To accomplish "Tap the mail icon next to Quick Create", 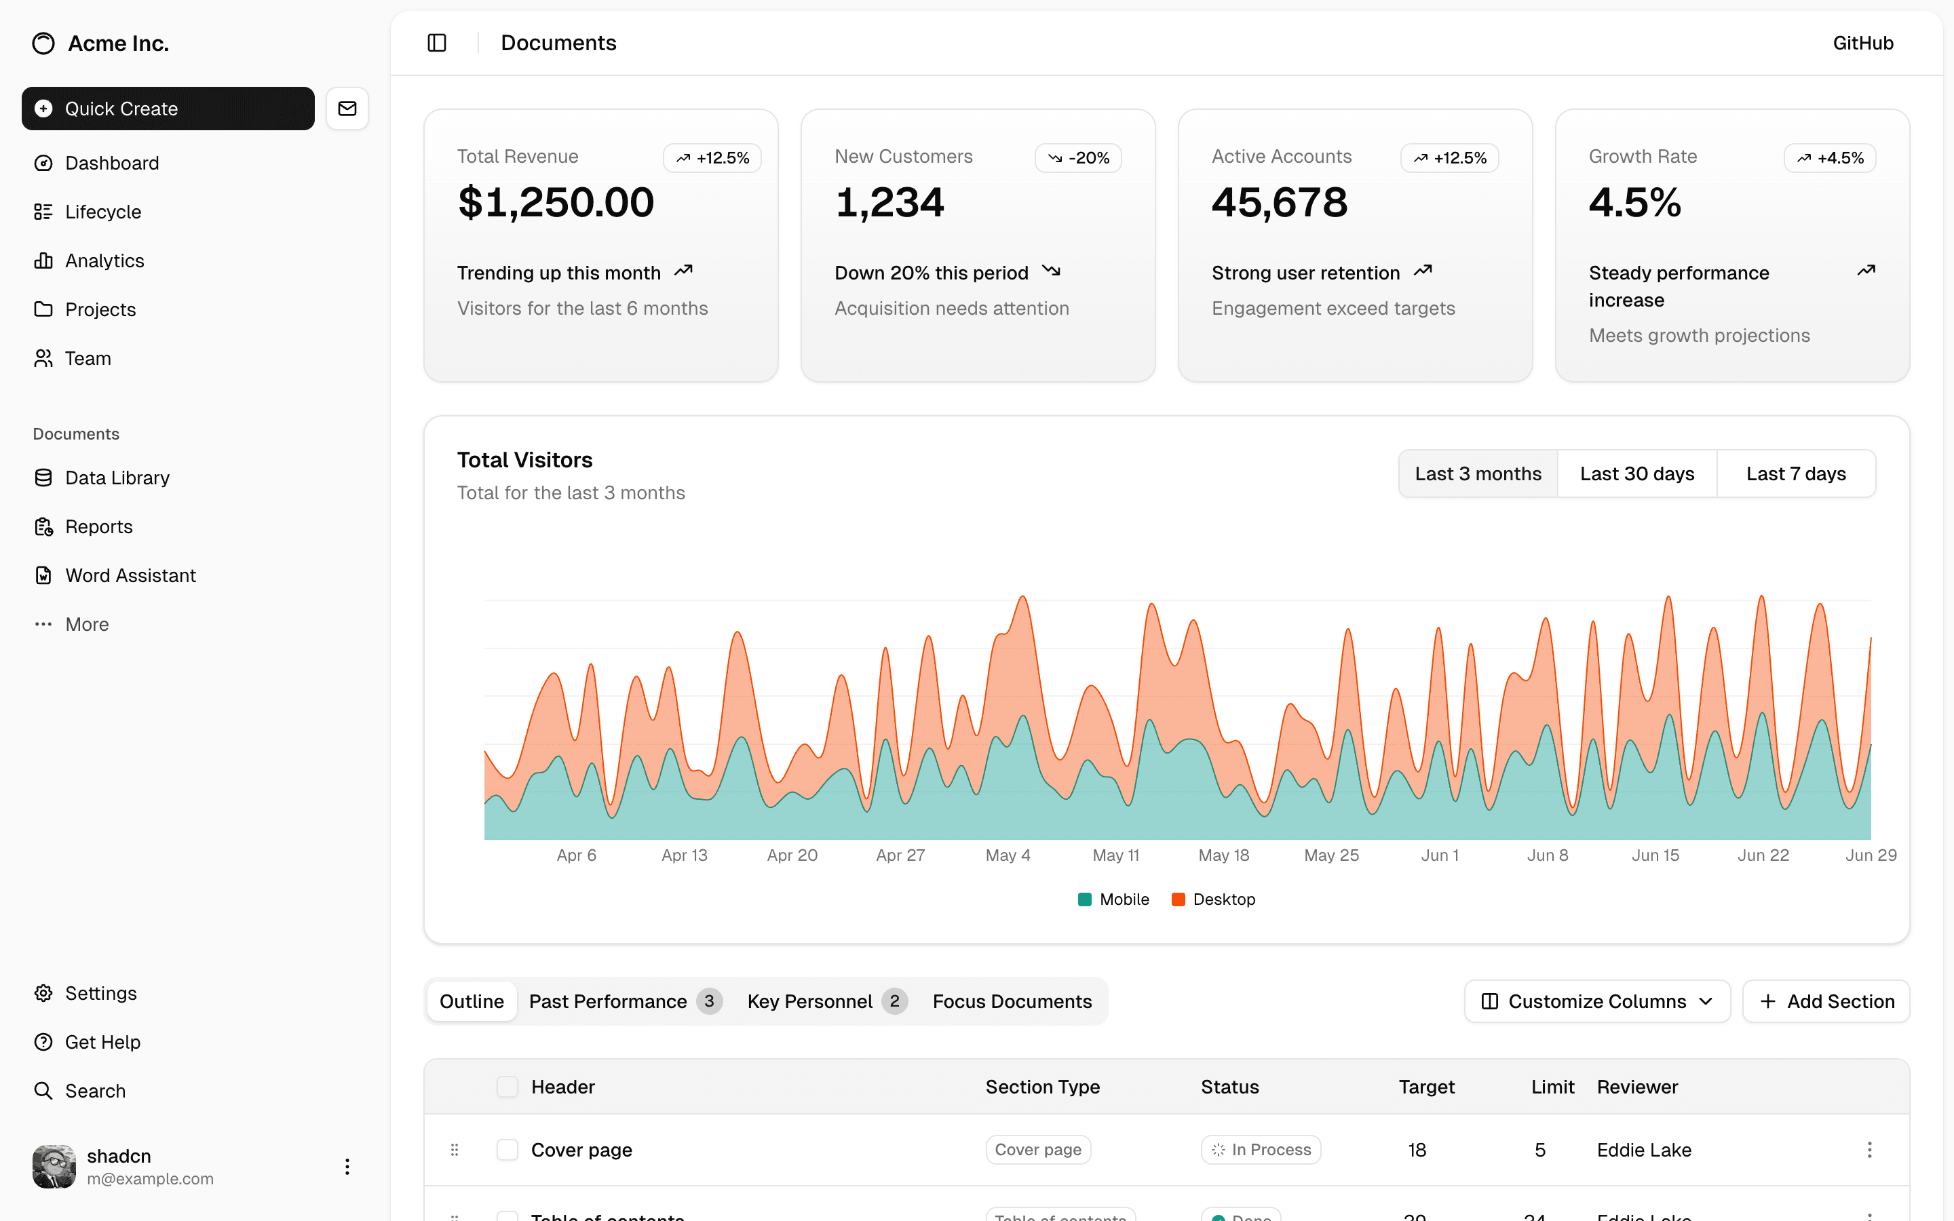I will [x=347, y=109].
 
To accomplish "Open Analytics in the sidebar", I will [x=104, y=261].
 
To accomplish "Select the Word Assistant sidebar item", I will [x=130, y=576].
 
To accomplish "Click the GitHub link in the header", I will [x=1862, y=43].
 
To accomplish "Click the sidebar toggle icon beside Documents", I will [x=437, y=43].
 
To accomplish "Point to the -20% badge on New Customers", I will [x=1078, y=158].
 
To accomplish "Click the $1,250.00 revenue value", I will [x=556, y=202].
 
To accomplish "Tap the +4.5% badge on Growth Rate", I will [x=1830, y=158].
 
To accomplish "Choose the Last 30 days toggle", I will [x=1636, y=474].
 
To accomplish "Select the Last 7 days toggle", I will [x=1796, y=474].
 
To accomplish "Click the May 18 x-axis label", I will [x=1223, y=855].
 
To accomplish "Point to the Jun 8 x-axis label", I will [x=1547, y=855].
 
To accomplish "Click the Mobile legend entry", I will [x=1113, y=899].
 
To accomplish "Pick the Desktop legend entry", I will [x=1214, y=899].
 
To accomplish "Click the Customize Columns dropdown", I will [x=1596, y=1001].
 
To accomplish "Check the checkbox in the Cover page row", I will [x=507, y=1150].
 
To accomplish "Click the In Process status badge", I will [x=1261, y=1150].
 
